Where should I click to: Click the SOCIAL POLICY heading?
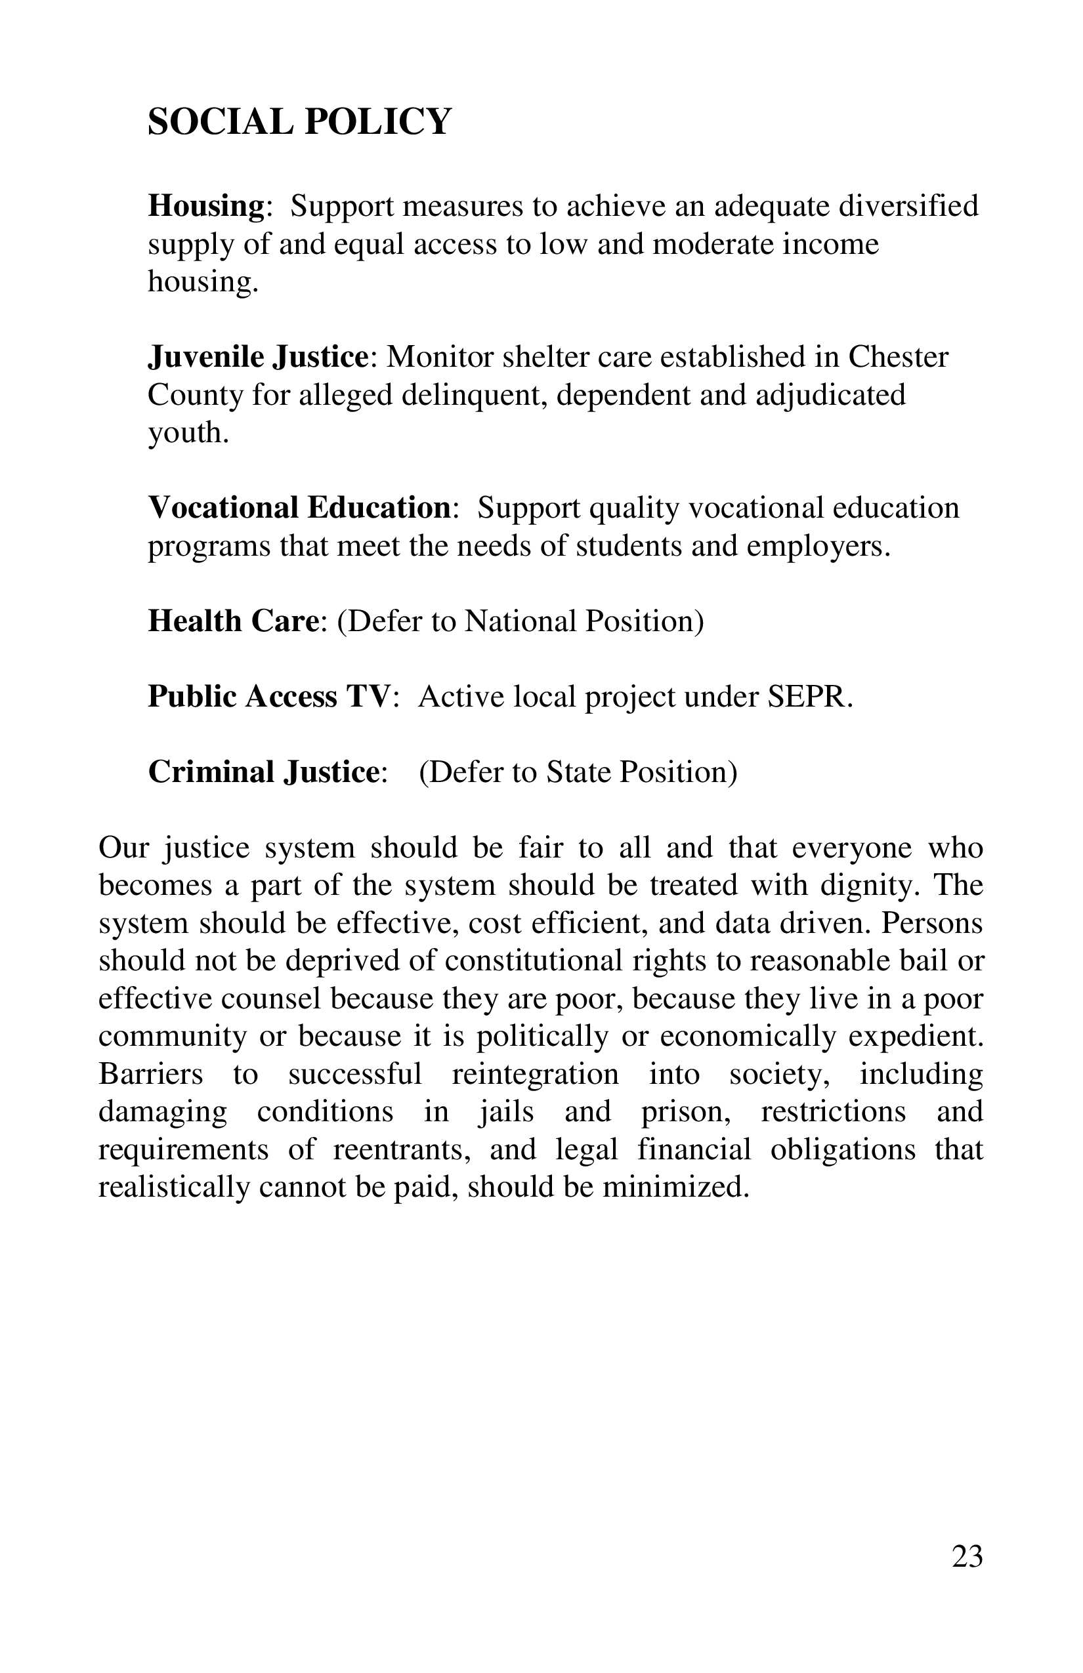(x=299, y=121)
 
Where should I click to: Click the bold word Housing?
(x=205, y=206)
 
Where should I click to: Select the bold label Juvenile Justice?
(x=257, y=357)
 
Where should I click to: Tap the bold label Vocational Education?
(x=299, y=508)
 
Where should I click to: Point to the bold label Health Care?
(x=234, y=621)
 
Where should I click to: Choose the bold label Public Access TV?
(x=268, y=697)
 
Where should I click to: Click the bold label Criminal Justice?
(x=264, y=772)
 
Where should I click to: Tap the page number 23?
(x=967, y=1556)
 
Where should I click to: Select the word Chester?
(x=898, y=357)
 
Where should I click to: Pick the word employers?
(x=818, y=546)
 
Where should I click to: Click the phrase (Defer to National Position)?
(x=520, y=621)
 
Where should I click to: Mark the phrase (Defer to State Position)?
(x=578, y=772)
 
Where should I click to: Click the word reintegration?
(x=534, y=1074)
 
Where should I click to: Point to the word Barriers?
(x=150, y=1074)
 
